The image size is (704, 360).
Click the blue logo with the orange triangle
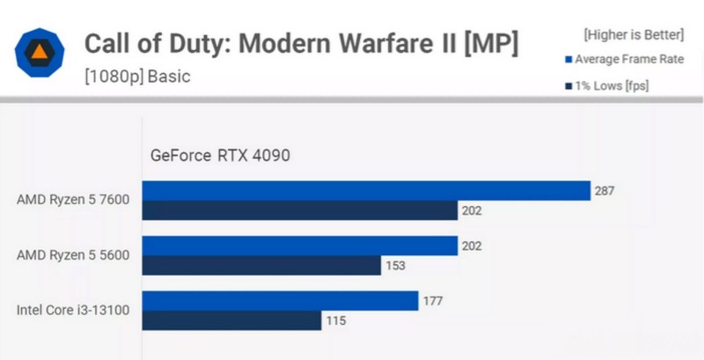(40, 56)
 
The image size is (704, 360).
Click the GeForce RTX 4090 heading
(220, 156)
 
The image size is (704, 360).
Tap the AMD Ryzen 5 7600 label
(73, 200)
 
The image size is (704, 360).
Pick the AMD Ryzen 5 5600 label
(73, 255)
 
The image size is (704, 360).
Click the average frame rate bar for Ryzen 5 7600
(366, 191)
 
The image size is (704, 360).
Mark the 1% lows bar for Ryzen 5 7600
(300, 210)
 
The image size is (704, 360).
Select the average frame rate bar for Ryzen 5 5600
(300, 246)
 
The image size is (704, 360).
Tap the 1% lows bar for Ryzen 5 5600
(261, 265)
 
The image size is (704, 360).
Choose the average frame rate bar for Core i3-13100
(280, 301)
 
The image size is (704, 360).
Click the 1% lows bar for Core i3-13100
(231, 320)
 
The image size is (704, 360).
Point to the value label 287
(605, 191)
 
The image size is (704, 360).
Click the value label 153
(396, 266)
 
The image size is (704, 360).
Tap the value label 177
(434, 302)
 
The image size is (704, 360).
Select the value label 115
(336, 321)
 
